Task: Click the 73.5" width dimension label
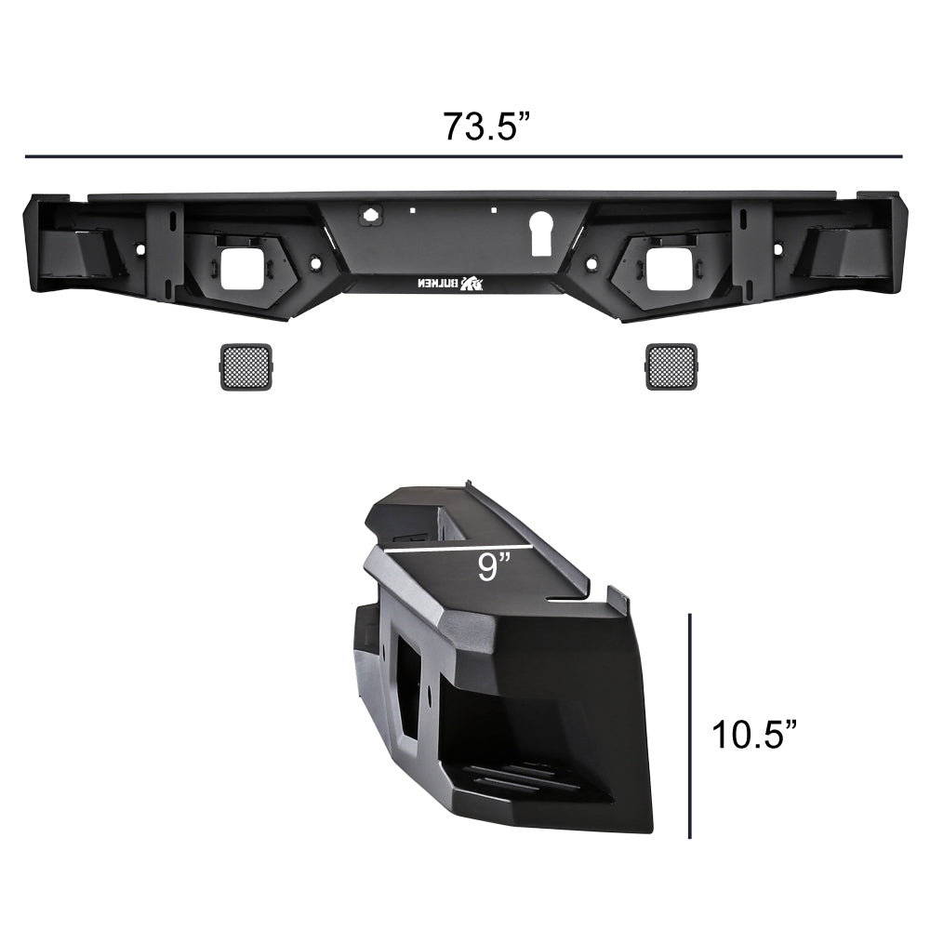[485, 126]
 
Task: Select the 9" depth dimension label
[493, 567]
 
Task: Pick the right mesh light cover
[671, 366]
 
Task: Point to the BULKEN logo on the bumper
[451, 284]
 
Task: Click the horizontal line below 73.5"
[463, 156]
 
